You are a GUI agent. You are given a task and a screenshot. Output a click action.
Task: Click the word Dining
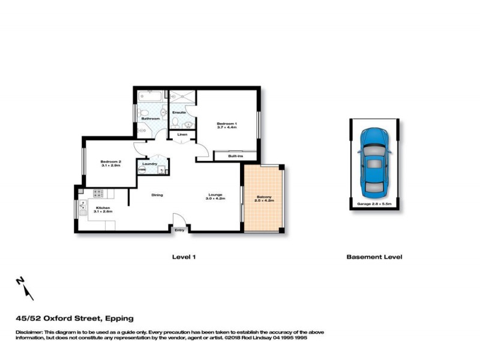[157, 194]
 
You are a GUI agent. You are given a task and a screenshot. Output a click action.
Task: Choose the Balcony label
[265, 199]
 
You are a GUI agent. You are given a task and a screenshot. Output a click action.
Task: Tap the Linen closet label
[182, 134]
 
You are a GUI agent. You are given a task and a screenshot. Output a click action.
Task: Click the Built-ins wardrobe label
[236, 156]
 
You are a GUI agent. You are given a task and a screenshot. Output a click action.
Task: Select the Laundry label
[149, 164]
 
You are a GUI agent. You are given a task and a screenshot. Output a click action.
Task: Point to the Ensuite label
[179, 112]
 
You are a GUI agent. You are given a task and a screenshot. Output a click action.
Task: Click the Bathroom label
[150, 119]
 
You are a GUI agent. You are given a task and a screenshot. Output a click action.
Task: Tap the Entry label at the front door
[179, 230]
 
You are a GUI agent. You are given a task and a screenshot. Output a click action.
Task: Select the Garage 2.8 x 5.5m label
[374, 205]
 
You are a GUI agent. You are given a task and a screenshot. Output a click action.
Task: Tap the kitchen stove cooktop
[98, 193]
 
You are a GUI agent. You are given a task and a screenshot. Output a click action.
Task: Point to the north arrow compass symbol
[25, 289]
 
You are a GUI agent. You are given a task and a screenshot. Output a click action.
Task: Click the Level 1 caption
[184, 257]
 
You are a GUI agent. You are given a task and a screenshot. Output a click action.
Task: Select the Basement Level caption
[374, 257]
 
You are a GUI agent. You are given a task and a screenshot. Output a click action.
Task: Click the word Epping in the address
[119, 318]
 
